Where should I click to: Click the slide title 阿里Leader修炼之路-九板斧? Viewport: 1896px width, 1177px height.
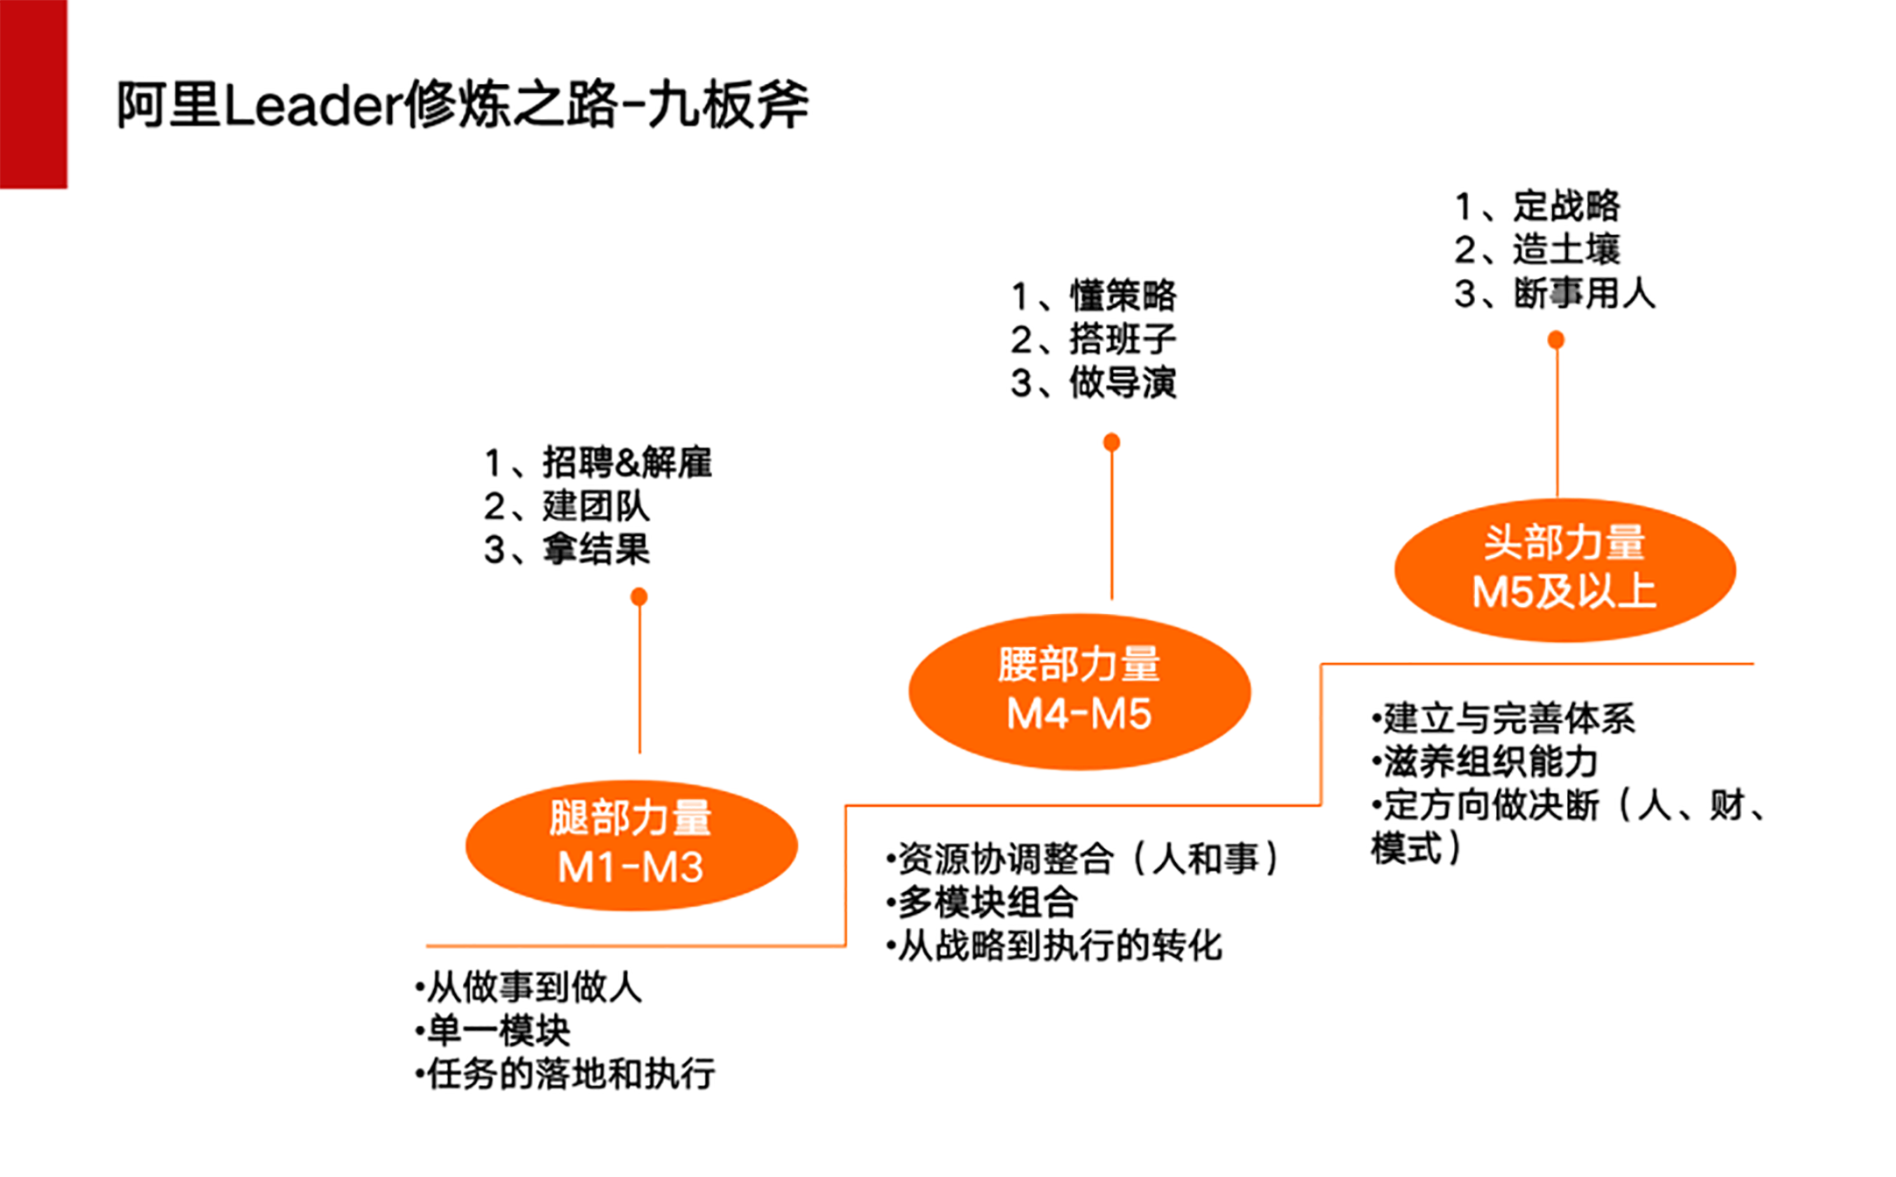(462, 105)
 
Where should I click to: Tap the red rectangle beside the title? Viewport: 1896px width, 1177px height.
(33, 94)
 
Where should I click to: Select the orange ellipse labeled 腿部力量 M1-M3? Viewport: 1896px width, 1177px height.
(631, 845)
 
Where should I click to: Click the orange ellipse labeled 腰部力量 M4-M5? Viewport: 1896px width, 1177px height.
(1080, 691)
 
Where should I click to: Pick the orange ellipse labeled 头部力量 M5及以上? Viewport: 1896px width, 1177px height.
(1565, 569)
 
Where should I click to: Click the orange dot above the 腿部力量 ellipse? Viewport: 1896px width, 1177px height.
(639, 597)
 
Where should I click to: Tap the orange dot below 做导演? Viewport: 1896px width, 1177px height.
(1111, 442)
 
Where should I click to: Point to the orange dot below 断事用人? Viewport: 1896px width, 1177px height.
(1556, 339)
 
